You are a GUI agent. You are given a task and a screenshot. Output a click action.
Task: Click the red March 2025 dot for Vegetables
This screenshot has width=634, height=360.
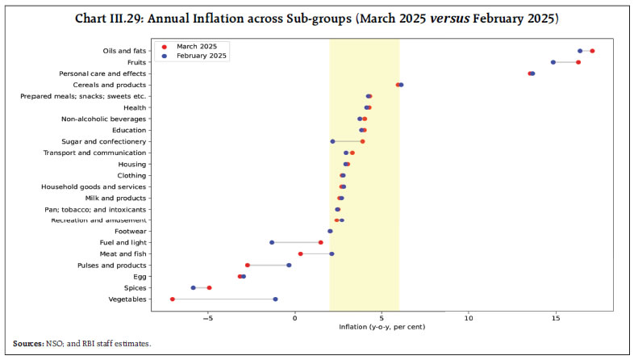point(173,299)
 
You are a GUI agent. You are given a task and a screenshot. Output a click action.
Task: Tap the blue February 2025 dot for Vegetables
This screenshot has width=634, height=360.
point(275,299)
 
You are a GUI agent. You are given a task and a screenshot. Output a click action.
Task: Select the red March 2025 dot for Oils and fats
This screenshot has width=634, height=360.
point(592,51)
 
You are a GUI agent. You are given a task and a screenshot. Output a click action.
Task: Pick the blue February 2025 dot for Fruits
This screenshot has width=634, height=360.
point(553,62)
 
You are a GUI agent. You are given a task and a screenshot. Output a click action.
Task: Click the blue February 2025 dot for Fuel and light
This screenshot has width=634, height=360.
point(272,243)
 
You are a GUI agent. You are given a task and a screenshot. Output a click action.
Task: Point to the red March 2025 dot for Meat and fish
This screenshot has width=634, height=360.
point(301,254)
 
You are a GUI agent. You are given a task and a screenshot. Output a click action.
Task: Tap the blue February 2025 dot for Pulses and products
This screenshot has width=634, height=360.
point(289,266)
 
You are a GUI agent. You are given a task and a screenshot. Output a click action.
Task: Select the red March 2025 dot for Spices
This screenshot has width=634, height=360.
point(209,288)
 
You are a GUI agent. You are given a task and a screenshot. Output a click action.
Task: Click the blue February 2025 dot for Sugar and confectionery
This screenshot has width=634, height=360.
point(332,141)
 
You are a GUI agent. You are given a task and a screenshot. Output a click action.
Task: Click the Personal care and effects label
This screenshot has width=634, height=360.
point(102,73)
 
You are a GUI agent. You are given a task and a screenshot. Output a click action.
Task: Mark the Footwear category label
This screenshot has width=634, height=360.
point(130,232)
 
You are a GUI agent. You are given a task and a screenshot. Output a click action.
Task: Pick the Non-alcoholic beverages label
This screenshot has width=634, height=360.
point(104,119)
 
